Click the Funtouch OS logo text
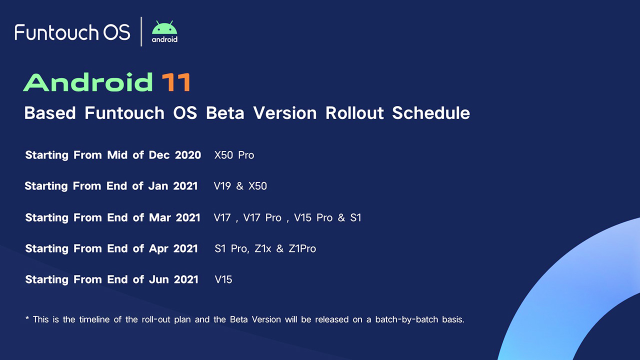pos(72,32)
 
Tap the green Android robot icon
pos(164,28)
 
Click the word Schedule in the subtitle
pos(430,113)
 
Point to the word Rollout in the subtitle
pos(354,113)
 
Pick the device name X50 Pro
pos(234,155)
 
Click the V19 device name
pos(222,186)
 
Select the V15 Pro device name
pos(313,217)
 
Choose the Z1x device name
pos(263,248)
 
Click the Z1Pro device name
pos(302,248)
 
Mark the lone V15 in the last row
pos(223,279)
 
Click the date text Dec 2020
pos(175,155)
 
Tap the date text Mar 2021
pos(174,217)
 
